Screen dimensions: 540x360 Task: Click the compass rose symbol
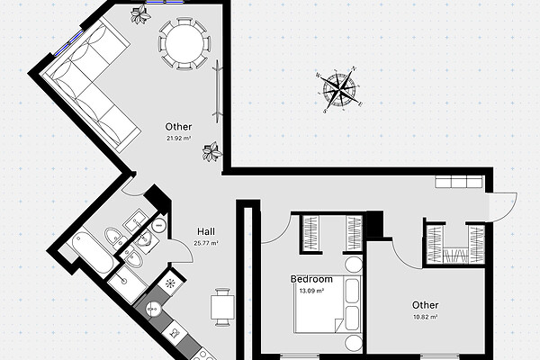click(x=340, y=90)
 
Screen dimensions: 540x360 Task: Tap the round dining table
click(x=184, y=44)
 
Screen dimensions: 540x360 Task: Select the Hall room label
click(x=206, y=231)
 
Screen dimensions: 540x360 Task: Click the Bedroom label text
click(x=311, y=279)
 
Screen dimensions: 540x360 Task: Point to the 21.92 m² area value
click(x=179, y=139)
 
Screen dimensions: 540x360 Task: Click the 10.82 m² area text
click(x=426, y=317)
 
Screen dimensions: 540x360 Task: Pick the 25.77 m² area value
click(x=206, y=243)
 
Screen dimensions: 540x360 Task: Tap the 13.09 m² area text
click(x=311, y=291)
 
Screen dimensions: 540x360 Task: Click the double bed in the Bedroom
click(x=328, y=304)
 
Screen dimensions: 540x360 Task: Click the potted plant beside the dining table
click(x=140, y=14)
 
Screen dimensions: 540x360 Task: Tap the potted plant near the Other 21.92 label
click(x=211, y=151)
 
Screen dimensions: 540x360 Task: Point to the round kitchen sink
click(x=153, y=309)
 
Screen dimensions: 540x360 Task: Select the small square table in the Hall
click(x=222, y=307)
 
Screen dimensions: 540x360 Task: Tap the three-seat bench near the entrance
click(x=458, y=182)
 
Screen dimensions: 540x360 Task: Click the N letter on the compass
click(x=355, y=68)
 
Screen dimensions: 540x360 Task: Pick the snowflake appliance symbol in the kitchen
click(x=170, y=283)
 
